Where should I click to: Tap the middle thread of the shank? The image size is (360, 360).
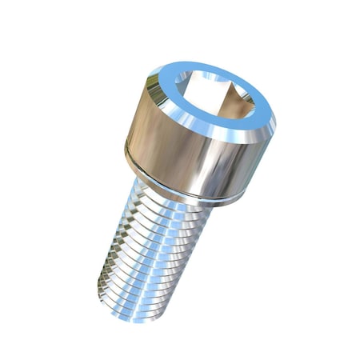click(x=148, y=240)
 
